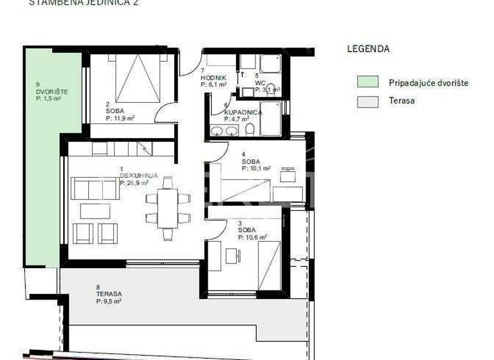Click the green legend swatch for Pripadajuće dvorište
pos(368,82)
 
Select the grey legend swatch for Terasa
pos(368,101)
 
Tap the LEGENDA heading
pos(368,48)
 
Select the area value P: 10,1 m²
pos(255,168)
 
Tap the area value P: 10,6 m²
pos(252,237)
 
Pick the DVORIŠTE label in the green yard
pos(51,91)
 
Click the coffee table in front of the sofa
pos(95,211)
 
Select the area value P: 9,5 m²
pos(109,300)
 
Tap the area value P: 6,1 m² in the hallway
pos(213,84)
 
